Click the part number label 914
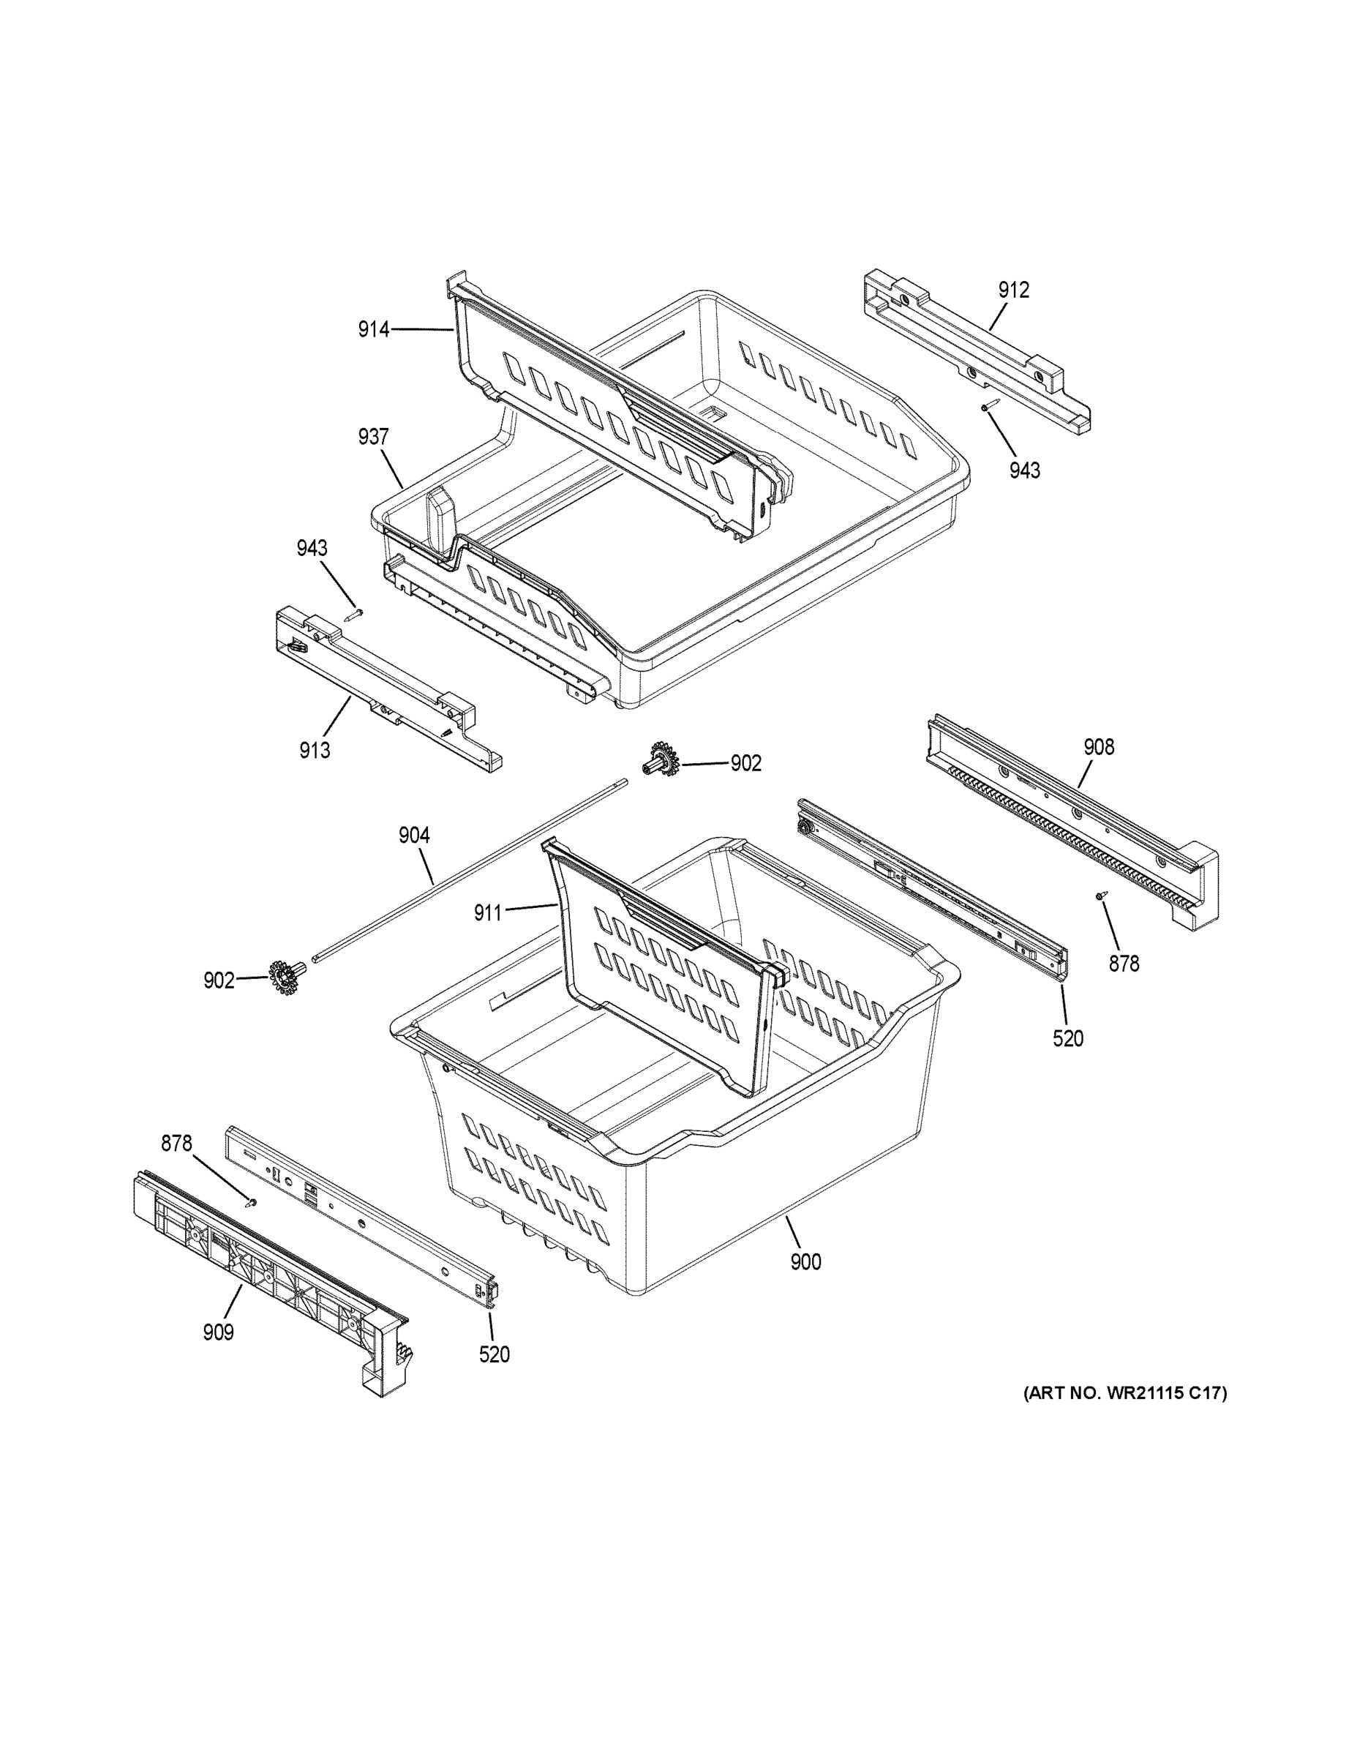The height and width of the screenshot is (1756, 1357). click(374, 329)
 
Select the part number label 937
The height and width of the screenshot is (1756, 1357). click(374, 438)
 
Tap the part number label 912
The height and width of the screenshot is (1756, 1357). click(1014, 290)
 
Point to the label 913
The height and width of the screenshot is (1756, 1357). click(315, 750)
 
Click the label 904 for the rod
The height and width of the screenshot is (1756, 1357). click(414, 836)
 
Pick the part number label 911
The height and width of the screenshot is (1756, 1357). click(488, 912)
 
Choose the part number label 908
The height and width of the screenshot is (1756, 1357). click(1098, 747)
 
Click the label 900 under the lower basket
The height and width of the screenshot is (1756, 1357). click(805, 1262)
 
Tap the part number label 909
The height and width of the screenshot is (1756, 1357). click(218, 1332)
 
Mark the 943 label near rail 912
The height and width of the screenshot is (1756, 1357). click(1025, 470)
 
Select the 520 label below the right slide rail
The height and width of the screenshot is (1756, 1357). click(1067, 1039)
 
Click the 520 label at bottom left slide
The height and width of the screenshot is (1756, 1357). click(495, 1355)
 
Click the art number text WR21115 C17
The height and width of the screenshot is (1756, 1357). click(1124, 1393)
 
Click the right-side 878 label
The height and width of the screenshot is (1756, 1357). click(1124, 963)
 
